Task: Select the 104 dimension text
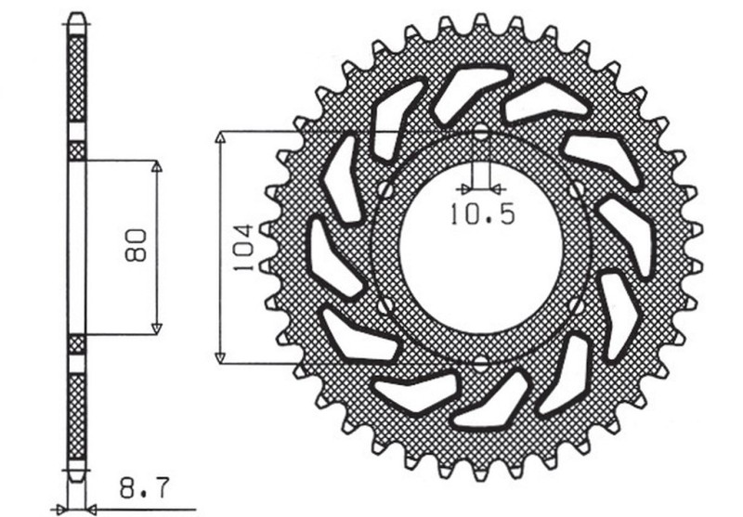tap(240, 247)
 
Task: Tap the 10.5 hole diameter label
tap(481, 215)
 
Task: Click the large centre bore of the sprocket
tap(481, 247)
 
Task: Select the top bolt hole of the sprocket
tap(481, 133)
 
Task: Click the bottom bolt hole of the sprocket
tap(481, 362)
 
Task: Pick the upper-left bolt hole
tap(383, 189)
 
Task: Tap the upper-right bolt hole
tap(580, 189)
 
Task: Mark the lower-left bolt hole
tap(383, 304)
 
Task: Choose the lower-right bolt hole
tap(578, 304)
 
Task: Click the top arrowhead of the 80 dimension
tap(156, 166)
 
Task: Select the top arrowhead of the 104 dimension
tap(220, 137)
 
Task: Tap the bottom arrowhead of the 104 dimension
tap(220, 356)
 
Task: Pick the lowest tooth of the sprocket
tap(481, 472)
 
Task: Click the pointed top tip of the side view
tap(77, 16)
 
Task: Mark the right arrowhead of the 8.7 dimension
tap(93, 509)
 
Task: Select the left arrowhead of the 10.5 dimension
tap(469, 184)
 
